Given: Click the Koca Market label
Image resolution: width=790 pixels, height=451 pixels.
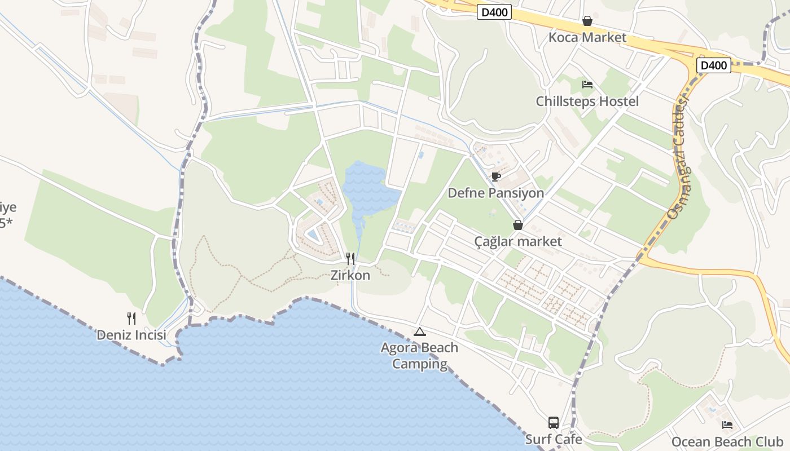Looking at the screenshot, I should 587,38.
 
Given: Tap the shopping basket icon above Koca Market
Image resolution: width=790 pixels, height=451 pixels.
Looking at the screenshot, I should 587,21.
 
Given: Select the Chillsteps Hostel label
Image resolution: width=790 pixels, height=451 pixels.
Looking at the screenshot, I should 587,101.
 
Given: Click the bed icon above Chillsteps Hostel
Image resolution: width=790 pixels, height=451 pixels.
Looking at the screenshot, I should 587,85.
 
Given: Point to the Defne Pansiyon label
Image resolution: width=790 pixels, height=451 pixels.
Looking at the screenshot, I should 495,193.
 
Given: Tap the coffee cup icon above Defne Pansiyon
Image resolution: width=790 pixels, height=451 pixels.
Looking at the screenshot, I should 495,176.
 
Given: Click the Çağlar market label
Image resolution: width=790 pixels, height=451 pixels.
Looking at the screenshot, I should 518,242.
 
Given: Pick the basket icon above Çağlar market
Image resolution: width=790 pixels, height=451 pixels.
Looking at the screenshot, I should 518,225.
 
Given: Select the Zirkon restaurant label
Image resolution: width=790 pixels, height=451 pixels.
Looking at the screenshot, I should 350,276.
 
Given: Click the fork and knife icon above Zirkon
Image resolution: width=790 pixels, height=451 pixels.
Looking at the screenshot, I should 350,259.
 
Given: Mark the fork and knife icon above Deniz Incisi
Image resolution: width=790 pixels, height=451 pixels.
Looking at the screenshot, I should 131,319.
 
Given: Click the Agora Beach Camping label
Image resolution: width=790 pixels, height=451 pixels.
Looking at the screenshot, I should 419,356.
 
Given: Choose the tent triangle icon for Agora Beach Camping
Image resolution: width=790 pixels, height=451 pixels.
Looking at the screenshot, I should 419,331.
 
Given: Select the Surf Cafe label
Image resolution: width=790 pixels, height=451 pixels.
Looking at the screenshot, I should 554,439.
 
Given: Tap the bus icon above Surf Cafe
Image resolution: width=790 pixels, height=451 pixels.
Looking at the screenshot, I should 554,423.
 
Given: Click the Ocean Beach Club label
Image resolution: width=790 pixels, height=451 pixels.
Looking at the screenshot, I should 727,441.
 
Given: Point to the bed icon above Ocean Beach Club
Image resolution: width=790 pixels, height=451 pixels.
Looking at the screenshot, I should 727,425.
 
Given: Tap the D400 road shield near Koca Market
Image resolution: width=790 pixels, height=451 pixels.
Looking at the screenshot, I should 494,12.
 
